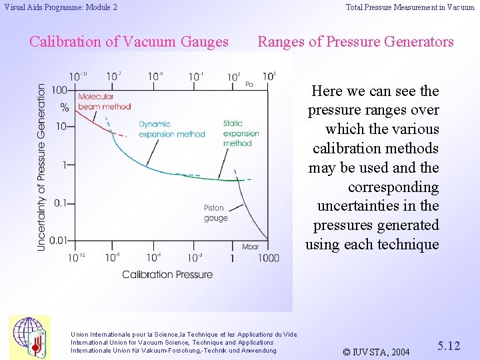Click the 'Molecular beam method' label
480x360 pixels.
point(104,101)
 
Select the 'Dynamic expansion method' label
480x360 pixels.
point(171,129)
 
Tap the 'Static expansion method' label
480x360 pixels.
point(237,133)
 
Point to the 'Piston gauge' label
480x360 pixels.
point(215,213)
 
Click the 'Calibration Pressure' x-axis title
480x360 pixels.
point(167,274)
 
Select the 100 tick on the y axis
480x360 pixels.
point(60,90)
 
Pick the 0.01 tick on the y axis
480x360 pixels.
point(57,239)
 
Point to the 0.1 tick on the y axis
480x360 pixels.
point(60,203)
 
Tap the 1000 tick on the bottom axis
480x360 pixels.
point(268,258)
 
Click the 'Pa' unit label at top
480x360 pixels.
point(249,84)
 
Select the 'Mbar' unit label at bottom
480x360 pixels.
point(251,247)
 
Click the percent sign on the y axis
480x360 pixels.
point(65,107)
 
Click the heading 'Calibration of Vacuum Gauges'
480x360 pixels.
point(129,41)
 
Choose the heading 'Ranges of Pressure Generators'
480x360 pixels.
point(355,41)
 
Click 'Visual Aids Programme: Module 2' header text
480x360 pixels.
point(61,7)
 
